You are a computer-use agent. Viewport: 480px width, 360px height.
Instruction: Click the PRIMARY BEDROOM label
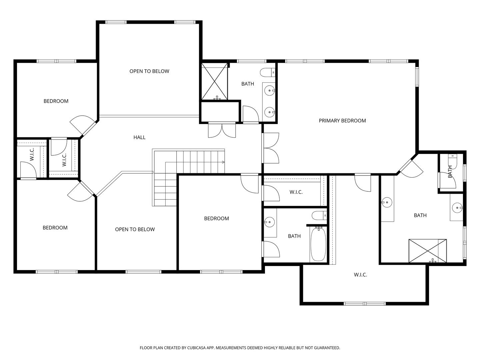point(342,121)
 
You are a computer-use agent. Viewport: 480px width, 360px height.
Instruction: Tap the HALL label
point(140,137)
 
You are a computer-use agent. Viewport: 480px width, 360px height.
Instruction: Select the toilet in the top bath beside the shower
point(268,72)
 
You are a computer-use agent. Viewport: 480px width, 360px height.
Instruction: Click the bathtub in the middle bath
point(318,244)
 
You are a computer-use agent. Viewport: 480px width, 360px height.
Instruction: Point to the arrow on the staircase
point(223,162)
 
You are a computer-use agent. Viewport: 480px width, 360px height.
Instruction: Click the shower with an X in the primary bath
point(428,251)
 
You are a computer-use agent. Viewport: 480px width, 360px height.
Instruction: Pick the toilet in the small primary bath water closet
point(452,162)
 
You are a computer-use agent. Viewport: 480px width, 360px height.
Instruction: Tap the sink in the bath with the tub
point(269,222)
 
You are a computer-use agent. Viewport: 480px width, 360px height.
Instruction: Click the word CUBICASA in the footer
point(196,348)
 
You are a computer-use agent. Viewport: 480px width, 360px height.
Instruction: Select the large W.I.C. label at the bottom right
point(360,275)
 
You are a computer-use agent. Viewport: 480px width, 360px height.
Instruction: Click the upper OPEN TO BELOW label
point(149,71)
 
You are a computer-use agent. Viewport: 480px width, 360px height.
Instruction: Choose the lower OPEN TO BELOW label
point(135,229)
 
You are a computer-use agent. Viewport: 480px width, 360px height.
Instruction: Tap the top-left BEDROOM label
point(56,101)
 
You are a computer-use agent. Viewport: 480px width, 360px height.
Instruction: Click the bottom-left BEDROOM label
point(55,228)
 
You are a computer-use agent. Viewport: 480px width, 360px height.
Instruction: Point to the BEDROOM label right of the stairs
point(216,218)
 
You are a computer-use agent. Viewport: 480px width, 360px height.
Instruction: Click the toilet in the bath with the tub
point(319,216)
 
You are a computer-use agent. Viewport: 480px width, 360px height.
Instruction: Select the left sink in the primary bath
point(387,202)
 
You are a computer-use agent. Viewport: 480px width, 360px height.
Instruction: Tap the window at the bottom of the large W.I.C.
point(365,304)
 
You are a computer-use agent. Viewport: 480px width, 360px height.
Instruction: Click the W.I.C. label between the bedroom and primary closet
point(296,192)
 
